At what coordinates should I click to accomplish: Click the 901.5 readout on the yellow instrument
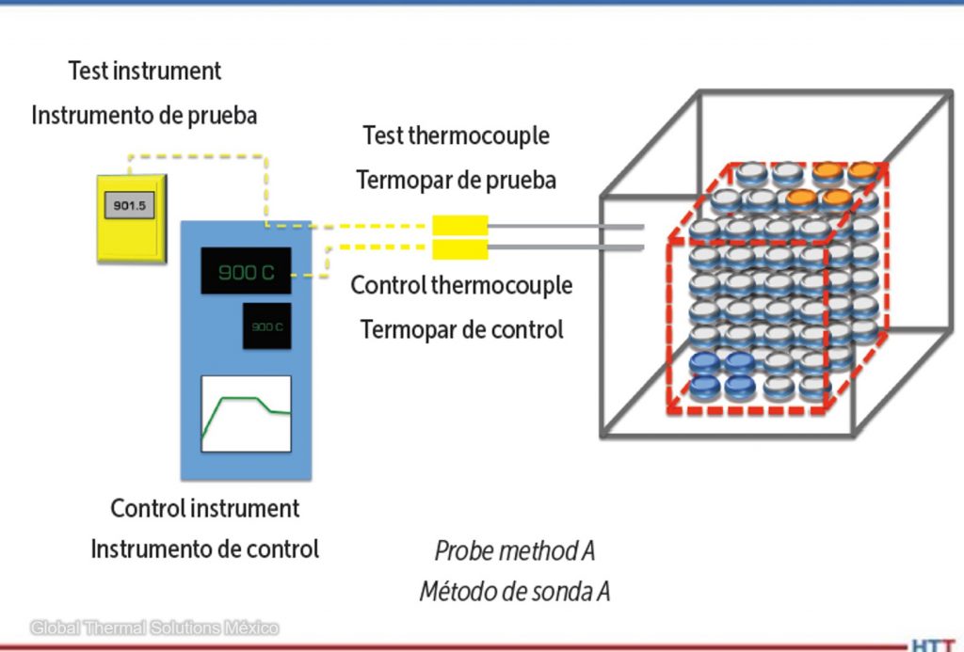(x=130, y=206)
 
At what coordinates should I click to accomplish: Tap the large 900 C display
(x=246, y=273)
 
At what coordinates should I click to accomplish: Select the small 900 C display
(x=266, y=326)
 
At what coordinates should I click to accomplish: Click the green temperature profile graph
(x=246, y=414)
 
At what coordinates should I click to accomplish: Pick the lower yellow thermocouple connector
(x=459, y=249)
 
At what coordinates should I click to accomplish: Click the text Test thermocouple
(x=457, y=135)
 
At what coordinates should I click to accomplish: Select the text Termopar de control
(x=461, y=330)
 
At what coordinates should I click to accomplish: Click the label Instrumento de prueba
(x=144, y=116)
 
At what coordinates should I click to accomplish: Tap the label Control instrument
(x=205, y=509)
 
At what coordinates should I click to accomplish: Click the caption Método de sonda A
(x=515, y=592)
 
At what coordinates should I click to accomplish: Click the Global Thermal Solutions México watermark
(x=154, y=628)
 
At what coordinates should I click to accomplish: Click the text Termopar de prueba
(x=457, y=180)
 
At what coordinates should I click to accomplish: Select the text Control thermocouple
(x=461, y=285)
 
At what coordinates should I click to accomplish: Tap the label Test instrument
(x=145, y=71)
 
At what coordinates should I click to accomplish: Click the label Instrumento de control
(x=204, y=549)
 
